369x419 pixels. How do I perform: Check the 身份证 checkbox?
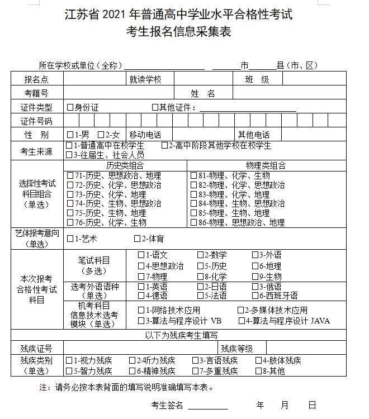point(70,107)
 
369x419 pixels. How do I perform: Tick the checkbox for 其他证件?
point(155,107)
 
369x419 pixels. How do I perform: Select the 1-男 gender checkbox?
point(70,135)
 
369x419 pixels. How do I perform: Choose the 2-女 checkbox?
point(101,135)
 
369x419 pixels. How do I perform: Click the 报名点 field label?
point(36,79)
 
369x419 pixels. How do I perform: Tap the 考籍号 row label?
point(36,93)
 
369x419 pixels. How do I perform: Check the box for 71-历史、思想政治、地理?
point(70,175)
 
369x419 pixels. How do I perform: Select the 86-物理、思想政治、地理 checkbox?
point(193,222)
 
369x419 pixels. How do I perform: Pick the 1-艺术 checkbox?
point(70,239)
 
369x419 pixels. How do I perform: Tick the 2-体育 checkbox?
point(137,239)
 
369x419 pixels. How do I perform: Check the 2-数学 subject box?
point(200,255)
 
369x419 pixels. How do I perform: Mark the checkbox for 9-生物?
point(256,276)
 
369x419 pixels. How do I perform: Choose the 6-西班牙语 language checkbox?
point(256,296)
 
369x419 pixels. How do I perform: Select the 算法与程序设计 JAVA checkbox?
point(242,321)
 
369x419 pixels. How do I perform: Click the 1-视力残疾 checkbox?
point(69,360)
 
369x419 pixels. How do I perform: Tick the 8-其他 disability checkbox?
point(259,370)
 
